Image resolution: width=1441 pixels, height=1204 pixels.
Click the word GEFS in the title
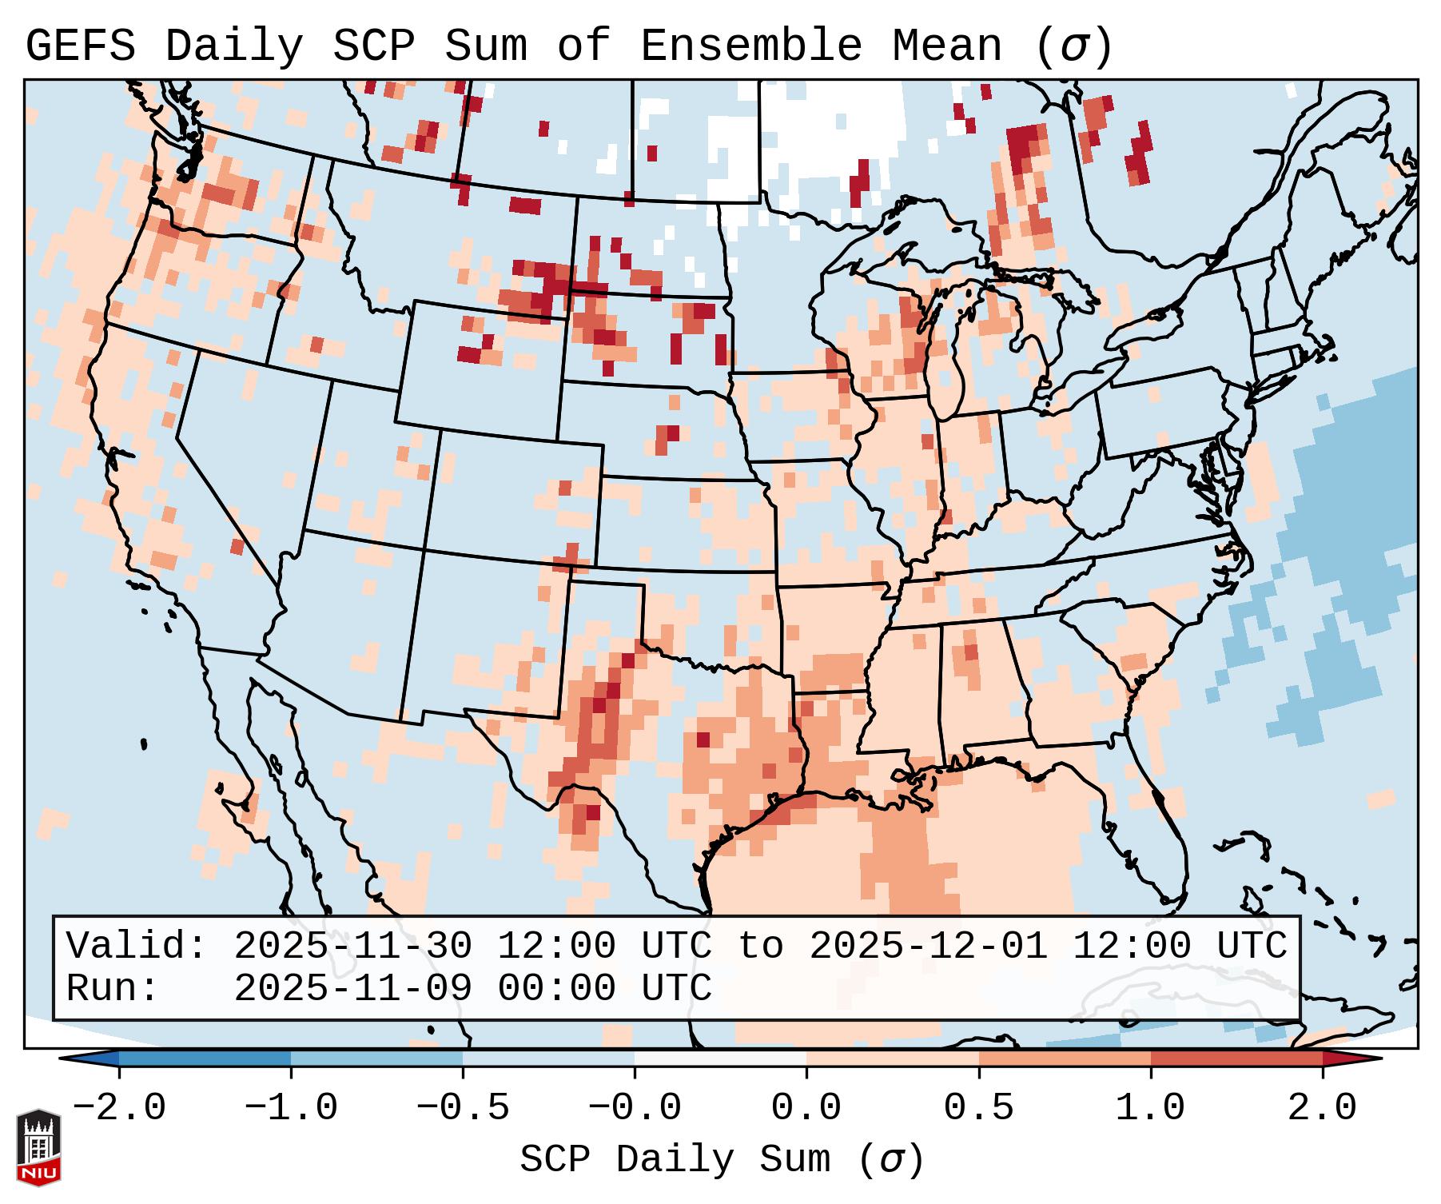[80, 46]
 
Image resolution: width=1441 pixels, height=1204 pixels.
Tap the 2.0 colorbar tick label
[1322, 1108]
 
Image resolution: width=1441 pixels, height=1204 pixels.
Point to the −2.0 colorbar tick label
[119, 1108]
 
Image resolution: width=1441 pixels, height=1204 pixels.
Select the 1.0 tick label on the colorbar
[1150, 1108]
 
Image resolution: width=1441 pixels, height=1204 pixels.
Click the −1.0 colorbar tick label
[291, 1108]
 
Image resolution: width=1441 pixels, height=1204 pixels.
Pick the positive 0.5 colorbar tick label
[978, 1108]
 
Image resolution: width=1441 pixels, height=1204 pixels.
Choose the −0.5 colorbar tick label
[463, 1108]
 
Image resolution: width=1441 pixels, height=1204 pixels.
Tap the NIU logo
[38, 1147]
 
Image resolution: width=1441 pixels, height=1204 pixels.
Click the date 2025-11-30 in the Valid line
[353, 946]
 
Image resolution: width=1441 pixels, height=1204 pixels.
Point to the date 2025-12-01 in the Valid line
[929, 946]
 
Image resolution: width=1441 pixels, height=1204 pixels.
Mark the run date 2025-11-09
[353, 988]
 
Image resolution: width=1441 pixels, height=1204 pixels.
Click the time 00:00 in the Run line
[557, 988]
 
